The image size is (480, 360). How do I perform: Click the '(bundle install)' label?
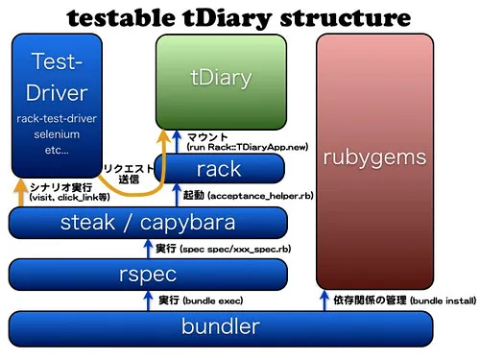(443, 300)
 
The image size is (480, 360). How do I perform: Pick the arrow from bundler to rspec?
(148, 300)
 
